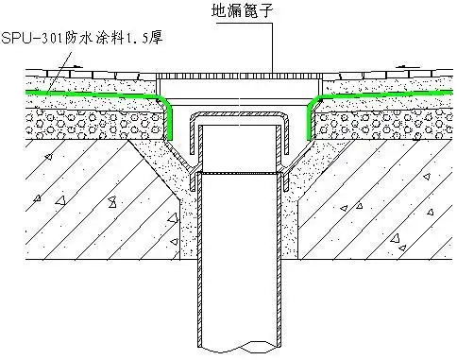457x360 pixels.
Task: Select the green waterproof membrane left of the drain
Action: pos(94,94)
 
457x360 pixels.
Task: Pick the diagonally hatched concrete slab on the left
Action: pos(76,198)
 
